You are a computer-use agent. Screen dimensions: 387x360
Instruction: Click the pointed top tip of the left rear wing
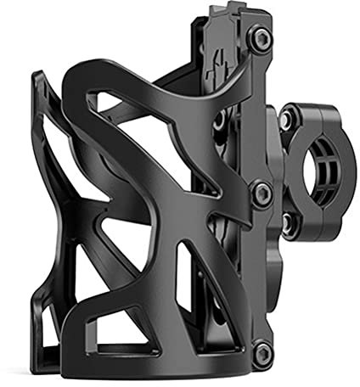tap(37, 76)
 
